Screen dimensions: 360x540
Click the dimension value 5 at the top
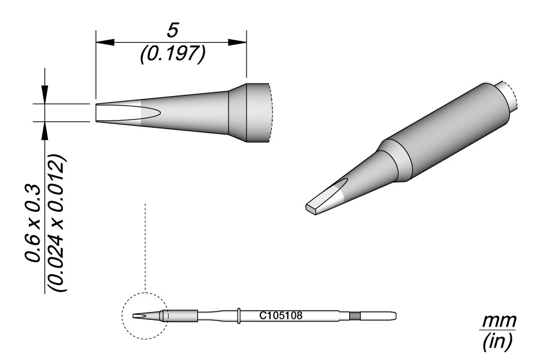point(173,30)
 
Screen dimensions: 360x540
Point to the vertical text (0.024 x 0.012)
point(58,222)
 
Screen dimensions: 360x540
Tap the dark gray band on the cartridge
point(355,316)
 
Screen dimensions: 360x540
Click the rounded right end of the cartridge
point(393,316)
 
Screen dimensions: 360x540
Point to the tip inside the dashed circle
point(140,316)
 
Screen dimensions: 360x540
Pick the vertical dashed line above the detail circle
point(146,246)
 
